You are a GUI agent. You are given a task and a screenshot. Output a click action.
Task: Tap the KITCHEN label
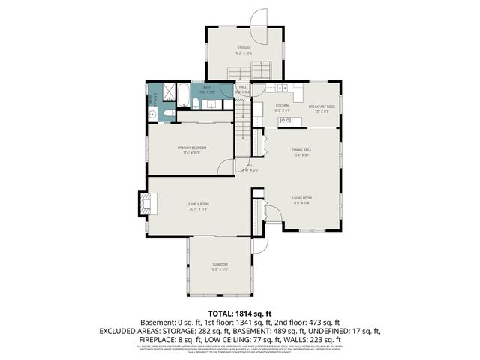coord(282,106)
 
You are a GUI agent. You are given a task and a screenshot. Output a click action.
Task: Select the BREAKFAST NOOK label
coord(315,106)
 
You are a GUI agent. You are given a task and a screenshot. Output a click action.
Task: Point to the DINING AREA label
coord(301,151)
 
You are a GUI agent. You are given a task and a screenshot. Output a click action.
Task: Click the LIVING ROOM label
coord(301,198)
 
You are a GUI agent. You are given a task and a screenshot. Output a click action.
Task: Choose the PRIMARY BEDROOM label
coord(192,148)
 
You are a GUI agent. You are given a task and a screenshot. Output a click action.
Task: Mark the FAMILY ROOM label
coord(198,204)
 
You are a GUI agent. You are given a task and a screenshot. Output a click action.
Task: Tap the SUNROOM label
coord(220,264)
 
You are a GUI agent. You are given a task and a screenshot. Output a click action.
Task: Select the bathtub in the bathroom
coord(181,94)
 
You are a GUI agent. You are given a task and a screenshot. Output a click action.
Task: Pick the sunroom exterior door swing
coord(259,245)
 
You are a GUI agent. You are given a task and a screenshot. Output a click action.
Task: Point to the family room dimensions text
coord(198,209)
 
